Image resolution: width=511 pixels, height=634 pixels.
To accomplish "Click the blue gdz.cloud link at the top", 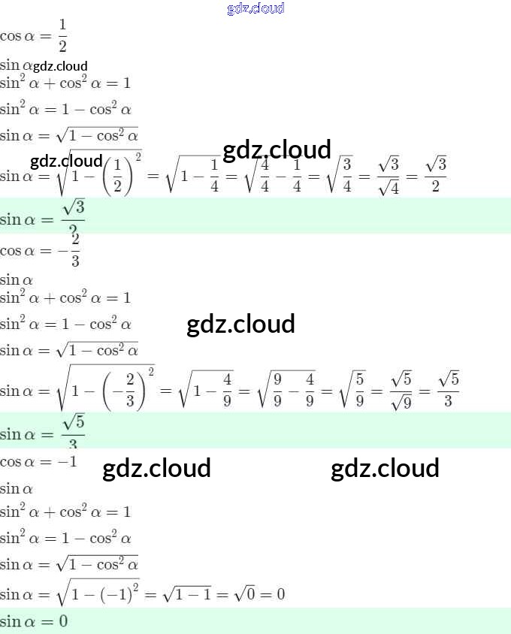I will (x=255, y=8).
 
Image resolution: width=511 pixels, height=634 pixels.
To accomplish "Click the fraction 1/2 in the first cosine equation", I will (x=62, y=35).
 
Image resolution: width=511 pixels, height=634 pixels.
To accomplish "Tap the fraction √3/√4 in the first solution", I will (x=388, y=176).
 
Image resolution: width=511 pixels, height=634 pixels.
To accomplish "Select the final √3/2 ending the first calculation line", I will (x=436, y=174).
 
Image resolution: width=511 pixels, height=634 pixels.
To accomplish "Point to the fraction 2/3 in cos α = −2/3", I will (x=75, y=249).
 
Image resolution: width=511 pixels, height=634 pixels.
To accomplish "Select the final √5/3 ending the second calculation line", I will (x=448, y=389).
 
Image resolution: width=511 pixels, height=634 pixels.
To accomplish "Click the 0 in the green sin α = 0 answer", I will (x=63, y=621).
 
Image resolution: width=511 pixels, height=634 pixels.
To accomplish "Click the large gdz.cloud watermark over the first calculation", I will (x=277, y=149).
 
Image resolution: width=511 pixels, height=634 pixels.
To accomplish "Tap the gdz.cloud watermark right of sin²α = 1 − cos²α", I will (x=240, y=324).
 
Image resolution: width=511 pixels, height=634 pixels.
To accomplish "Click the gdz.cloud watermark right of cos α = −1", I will (x=156, y=468).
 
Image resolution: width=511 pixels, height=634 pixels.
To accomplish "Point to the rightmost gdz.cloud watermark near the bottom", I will (x=385, y=468).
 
